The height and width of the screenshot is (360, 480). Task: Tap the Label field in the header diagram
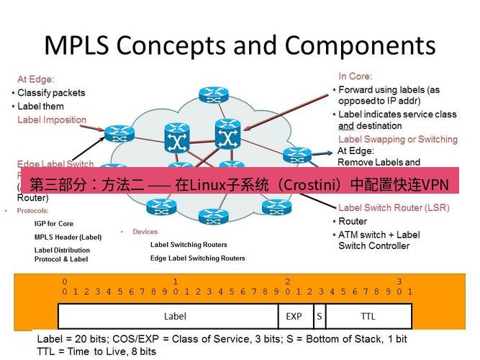pos(175,316)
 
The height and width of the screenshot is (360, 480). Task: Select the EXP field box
pos(294,316)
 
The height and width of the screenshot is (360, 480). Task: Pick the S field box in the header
pos(318,316)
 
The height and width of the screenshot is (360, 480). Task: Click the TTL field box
pos(368,316)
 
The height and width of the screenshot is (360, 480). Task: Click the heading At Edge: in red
pos(36,79)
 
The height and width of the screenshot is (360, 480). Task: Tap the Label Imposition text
pos(52,120)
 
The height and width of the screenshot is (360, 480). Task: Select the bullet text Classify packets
pos(51,93)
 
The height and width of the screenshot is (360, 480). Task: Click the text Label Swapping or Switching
pos(397,139)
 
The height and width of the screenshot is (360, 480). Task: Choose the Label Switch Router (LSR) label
pos(394,208)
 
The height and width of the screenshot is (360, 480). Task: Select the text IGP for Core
pos(54,224)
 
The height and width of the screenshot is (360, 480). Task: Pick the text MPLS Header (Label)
pos(68,237)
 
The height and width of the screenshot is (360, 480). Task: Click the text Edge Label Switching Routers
pos(197,258)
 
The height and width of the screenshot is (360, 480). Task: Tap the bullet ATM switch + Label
pos(379,235)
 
